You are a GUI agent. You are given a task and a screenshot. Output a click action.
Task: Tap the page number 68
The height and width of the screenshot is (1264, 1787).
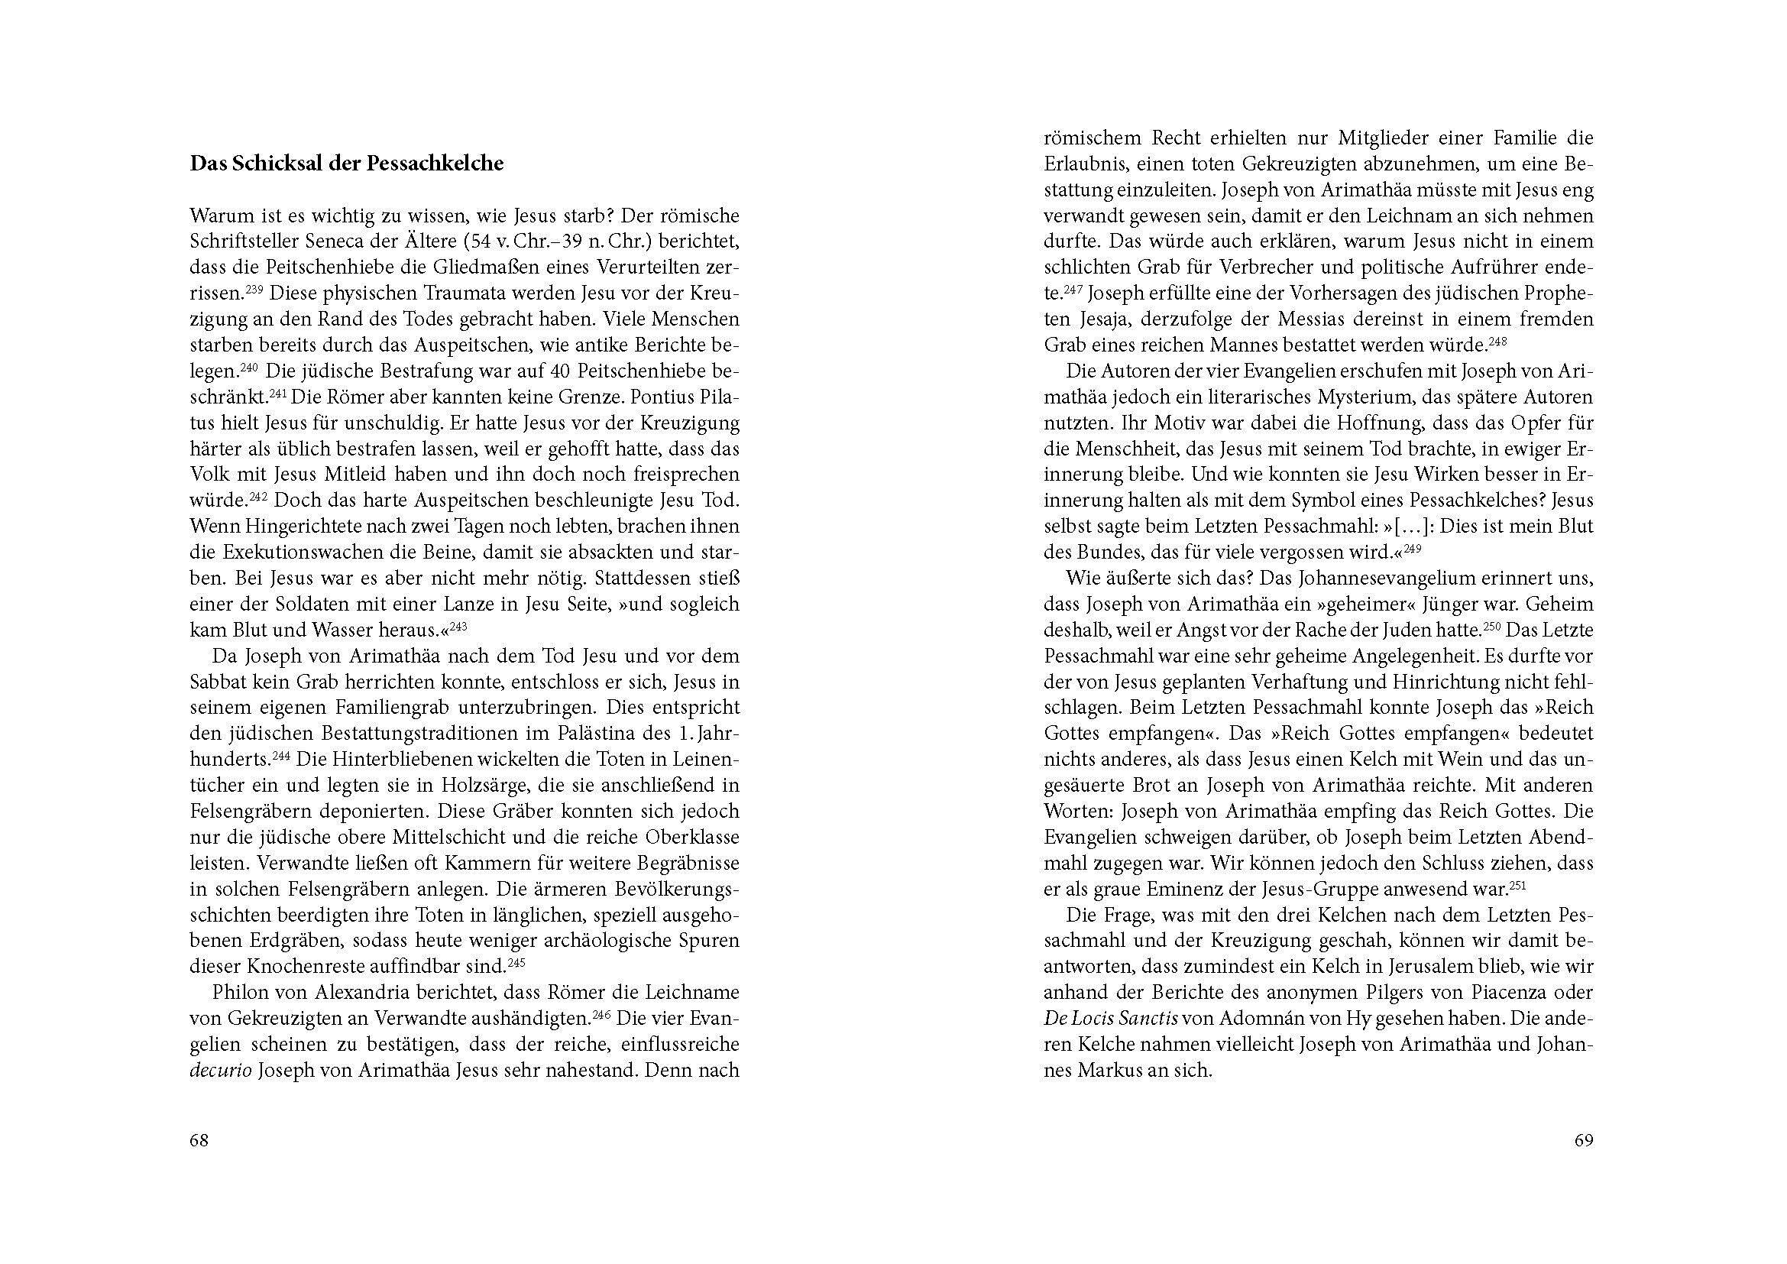(x=199, y=1140)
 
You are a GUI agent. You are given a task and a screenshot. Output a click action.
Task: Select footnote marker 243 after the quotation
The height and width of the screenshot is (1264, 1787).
(x=459, y=625)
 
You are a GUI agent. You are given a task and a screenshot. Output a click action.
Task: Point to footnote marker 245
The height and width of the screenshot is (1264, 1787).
(x=516, y=962)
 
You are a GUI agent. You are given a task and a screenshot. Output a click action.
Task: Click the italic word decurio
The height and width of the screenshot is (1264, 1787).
(x=220, y=1070)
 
